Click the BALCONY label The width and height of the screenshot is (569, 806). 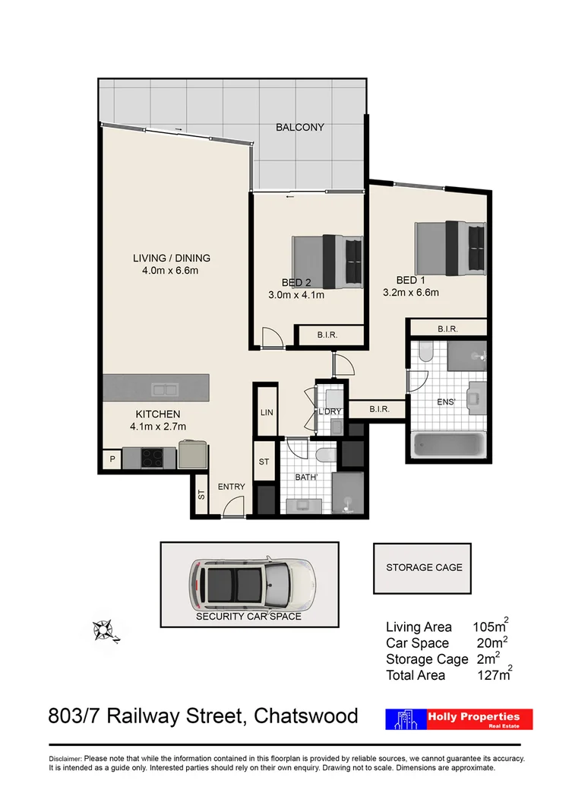point(300,127)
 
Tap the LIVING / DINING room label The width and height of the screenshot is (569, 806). point(172,258)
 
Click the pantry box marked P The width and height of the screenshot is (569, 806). point(111,459)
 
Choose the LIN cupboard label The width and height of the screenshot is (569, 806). point(265,412)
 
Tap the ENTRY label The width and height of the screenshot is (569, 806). point(231,487)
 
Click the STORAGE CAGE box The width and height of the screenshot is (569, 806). point(424,567)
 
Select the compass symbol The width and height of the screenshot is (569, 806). point(104,630)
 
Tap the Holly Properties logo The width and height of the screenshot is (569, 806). point(460,719)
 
